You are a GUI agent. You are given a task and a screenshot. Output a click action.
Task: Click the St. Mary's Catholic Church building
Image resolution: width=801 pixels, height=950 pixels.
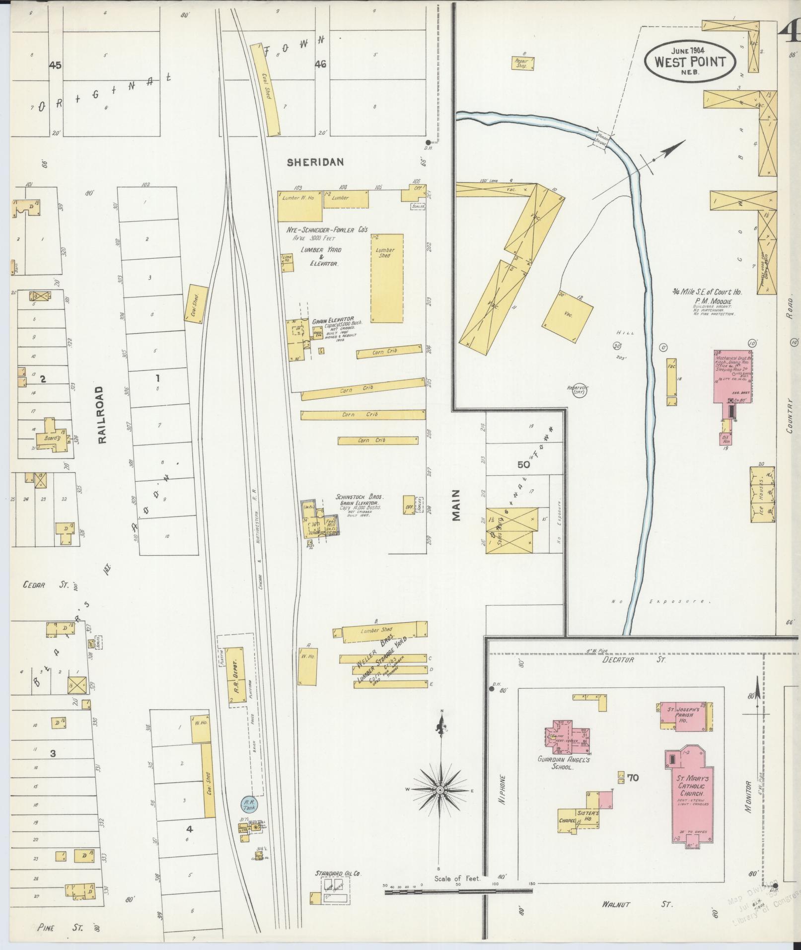690,795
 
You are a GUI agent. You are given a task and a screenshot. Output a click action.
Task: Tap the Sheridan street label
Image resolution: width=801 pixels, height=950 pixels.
315,162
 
